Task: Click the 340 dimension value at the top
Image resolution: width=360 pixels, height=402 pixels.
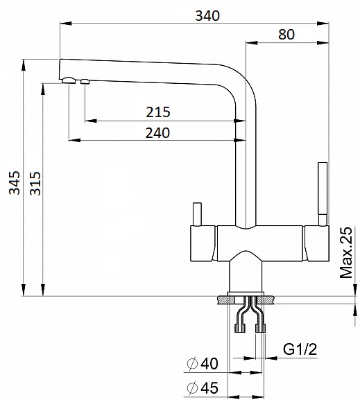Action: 207,16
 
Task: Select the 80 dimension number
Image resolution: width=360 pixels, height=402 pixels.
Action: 286,35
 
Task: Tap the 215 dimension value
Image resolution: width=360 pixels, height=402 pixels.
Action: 158,112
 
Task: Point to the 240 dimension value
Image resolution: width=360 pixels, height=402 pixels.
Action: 157,133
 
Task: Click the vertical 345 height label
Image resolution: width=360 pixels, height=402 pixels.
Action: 15,183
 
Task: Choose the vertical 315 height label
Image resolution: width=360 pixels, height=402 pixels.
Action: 35,183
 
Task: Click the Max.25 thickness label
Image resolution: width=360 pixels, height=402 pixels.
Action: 346,252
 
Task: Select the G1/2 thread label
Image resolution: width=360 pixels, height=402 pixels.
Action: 300,349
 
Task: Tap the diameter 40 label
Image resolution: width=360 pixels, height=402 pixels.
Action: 203,364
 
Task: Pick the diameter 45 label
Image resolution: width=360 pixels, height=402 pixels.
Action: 203,387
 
